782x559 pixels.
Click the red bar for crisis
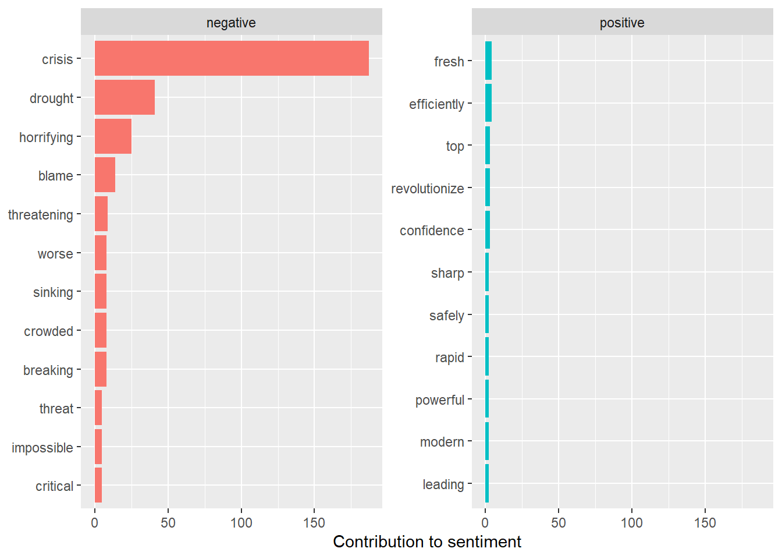(232, 58)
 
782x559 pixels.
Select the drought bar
(125, 97)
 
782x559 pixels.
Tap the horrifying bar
(113, 136)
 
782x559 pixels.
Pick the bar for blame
(105, 175)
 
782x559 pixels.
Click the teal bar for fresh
(488, 61)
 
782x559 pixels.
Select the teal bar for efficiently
(488, 103)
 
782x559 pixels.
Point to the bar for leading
(487, 483)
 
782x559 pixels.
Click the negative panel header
(231, 23)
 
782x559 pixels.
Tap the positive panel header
(622, 23)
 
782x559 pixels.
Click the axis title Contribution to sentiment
(426, 542)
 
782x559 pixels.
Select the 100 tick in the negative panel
(241, 523)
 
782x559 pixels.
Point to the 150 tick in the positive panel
(705, 523)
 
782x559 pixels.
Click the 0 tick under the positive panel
(485, 523)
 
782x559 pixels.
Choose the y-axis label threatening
(41, 215)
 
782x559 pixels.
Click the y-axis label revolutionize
(427, 189)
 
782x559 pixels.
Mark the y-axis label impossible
(42, 448)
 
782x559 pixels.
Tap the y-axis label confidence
(431, 231)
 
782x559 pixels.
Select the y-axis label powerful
(439, 400)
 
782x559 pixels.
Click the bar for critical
(98, 485)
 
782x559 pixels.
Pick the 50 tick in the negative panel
(168, 523)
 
